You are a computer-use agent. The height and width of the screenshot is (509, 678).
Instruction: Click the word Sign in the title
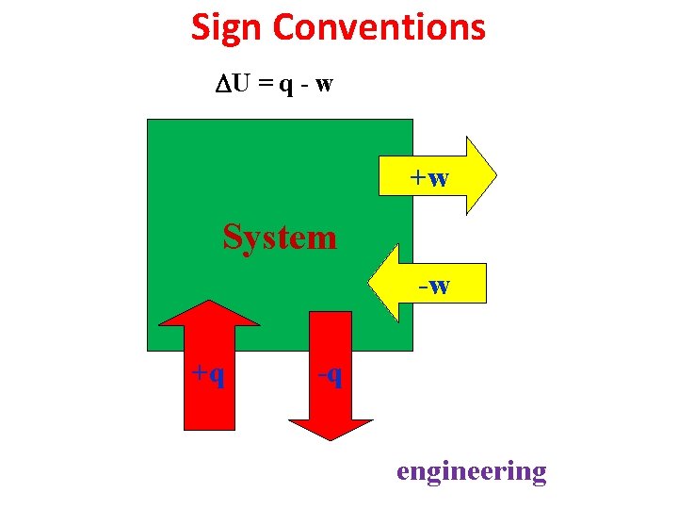coord(228,27)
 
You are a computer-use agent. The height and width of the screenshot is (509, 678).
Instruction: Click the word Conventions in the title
coord(379,27)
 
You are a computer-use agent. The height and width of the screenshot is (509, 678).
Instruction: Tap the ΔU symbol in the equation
coord(233,84)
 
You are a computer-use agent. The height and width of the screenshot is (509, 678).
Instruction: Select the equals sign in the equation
coord(266,85)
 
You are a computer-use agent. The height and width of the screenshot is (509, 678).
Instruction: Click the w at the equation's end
coord(324,85)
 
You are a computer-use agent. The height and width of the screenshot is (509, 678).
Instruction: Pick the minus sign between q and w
coord(304,86)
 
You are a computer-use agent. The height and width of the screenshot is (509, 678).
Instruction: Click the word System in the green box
coord(280,237)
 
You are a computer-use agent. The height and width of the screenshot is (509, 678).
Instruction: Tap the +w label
coord(428,177)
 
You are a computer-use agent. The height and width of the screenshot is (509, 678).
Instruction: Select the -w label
coord(434,285)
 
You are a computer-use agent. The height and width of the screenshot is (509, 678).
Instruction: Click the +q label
coord(208,374)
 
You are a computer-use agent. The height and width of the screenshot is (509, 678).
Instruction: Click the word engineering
coord(471,470)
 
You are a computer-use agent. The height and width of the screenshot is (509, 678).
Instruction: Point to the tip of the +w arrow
coord(493,176)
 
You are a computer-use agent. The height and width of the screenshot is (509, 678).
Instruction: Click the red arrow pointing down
coord(331,377)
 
